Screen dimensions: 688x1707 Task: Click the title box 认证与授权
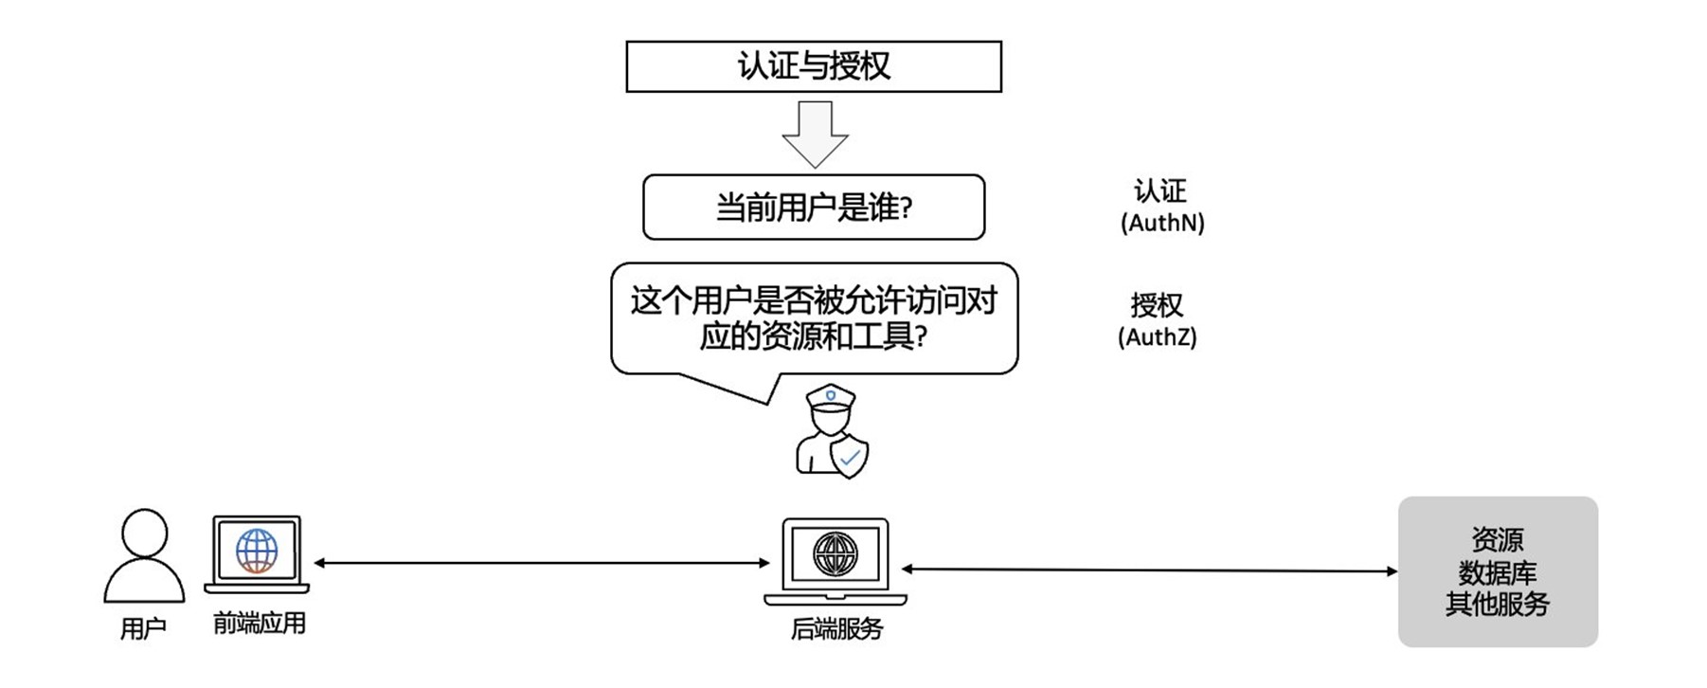(x=814, y=66)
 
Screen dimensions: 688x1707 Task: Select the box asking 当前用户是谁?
(x=814, y=208)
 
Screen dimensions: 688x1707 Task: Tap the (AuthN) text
(x=1162, y=224)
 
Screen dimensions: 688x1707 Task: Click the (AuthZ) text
(x=1158, y=337)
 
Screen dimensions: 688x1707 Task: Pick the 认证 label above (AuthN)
(x=1160, y=191)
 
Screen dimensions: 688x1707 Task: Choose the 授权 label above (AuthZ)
(x=1157, y=305)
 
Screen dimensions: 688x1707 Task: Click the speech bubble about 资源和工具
(x=814, y=318)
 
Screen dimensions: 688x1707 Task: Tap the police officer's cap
(x=831, y=397)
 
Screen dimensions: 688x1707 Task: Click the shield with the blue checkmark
(x=849, y=458)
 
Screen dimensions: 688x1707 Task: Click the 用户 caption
(x=143, y=628)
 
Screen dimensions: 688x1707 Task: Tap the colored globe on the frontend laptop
(x=257, y=551)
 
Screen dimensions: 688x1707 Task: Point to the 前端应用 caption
(x=259, y=624)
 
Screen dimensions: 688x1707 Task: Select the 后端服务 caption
(x=836, y=629)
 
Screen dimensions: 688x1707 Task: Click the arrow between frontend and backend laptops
(x=541, y=563)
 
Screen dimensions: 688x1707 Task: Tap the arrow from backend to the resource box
(x=1149, y=570)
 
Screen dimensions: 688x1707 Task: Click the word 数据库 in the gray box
(x=1497, y=572)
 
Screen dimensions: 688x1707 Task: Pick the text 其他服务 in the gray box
(x=1497, y=604)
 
